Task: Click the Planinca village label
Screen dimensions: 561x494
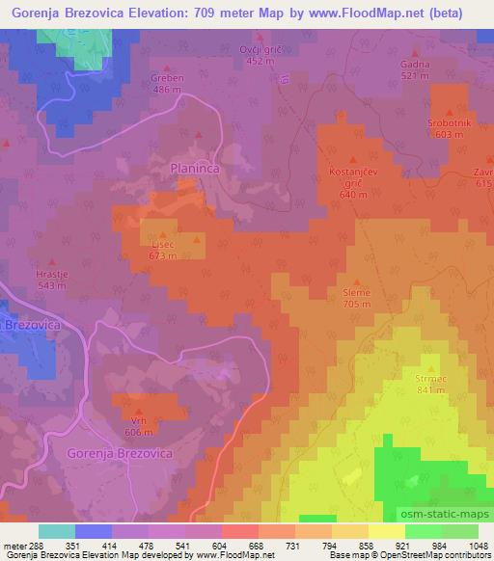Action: (x=199, y=168)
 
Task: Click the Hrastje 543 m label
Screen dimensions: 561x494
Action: (x=51, y=280)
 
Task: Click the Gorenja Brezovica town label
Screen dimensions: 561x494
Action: (x=120, y=452)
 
